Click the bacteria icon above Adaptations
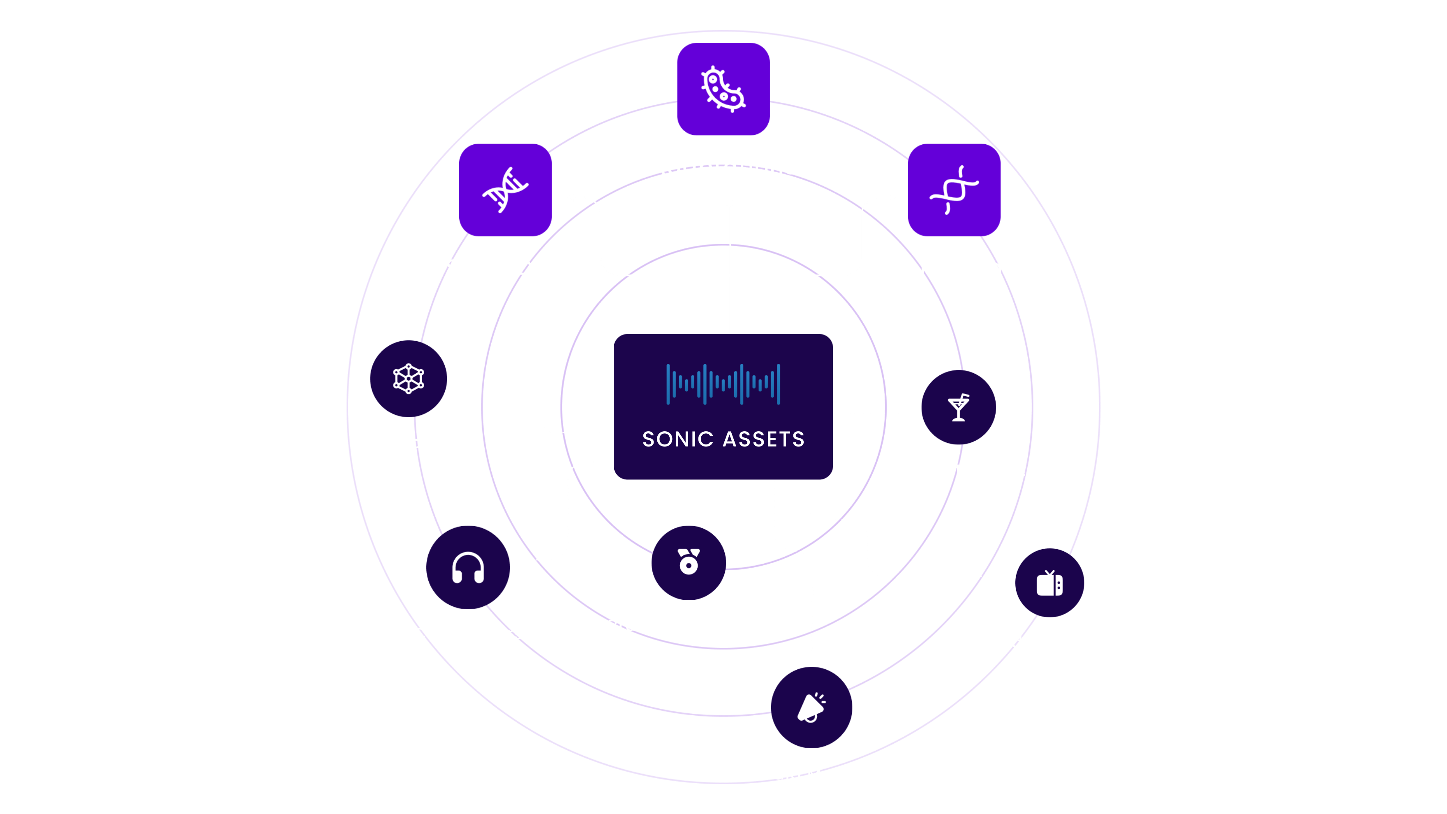(x=723, y=89)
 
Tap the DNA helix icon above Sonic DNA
(x=505, y=190)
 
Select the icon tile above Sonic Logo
(x=954, y=190)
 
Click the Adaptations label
(x=723, y=167)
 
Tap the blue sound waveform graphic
(x=723, y=384)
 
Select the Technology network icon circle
(x=408, y=379)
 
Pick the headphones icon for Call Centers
(x=468, y=567)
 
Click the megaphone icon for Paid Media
(x=811, y=707)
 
